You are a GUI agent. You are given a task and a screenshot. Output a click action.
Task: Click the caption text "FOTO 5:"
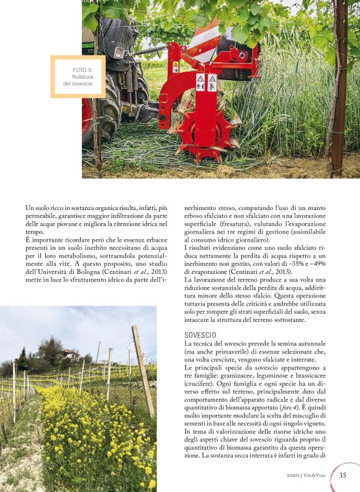[83, 70]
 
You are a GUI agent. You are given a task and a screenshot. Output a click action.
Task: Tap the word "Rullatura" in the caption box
[83, 76]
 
